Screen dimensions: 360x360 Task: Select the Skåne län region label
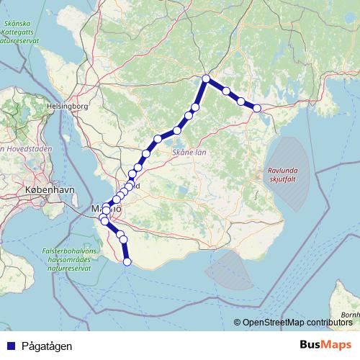pos(189,153)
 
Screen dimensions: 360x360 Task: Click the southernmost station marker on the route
pos(127,262)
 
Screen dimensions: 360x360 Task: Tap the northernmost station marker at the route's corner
pos(206,78)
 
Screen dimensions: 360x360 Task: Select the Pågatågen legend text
pos(47,346)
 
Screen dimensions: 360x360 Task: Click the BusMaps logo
pos(325,345)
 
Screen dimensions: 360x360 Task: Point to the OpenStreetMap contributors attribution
pos(297,323)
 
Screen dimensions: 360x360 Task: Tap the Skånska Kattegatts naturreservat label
pos(23,32)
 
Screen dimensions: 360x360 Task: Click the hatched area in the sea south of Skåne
pos(229,270)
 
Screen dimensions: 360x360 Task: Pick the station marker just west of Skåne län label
pos(158,139)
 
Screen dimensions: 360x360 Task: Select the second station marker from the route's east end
pos(241,101)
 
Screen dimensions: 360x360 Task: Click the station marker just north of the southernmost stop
pos(123,239)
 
